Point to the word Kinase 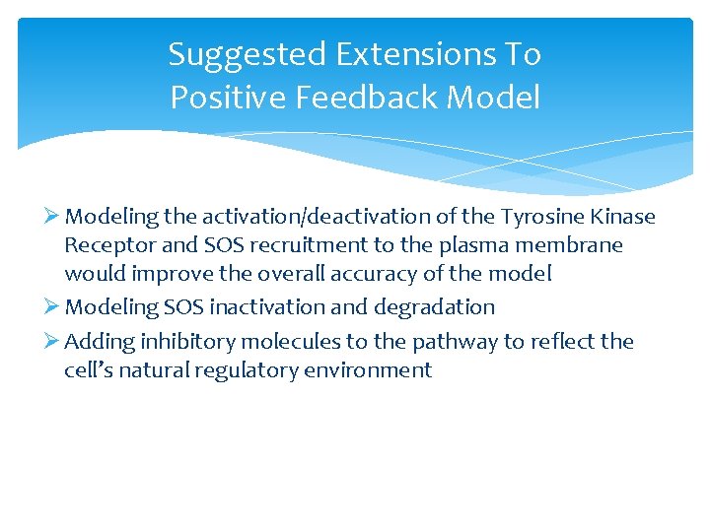tap(623, 217)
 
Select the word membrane tap(573, 244)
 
